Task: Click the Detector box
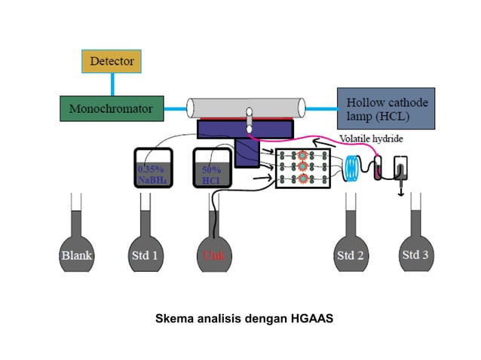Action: tap(112, 61)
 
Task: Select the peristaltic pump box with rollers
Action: tap(302, 168)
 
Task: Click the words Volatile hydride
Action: tap(370, 139)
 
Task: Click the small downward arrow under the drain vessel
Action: tap(400, 194)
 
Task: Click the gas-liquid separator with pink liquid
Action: tap(378, 169)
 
